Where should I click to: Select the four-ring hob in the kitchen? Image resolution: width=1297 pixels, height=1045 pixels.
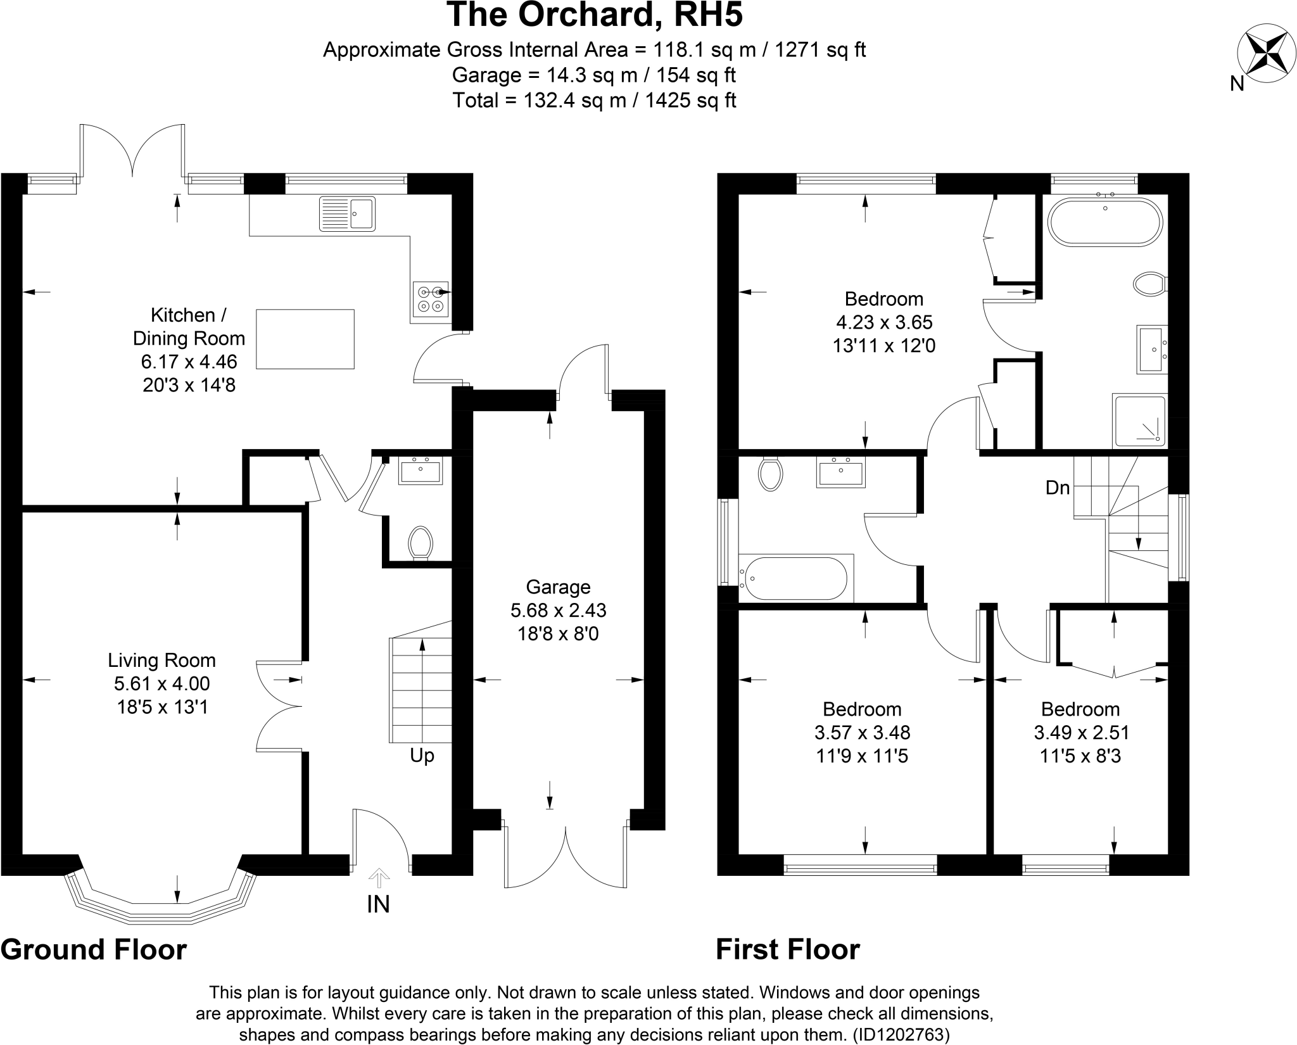pyautogui.click(x=431, y=299)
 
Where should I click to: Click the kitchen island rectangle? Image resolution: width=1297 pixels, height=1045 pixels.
pyautogui.click(x=305, y=339)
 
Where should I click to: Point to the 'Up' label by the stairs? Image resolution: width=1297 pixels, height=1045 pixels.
pyautogui.click(x=422, y=756)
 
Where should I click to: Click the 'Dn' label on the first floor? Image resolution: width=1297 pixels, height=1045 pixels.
pyautogui.click(x=1058, y=488)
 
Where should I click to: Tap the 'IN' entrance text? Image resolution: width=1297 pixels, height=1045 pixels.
pyautogui.click(x=378, y=904)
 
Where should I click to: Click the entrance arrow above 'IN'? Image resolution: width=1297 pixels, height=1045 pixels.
pyautogui.click(x=379, y=877)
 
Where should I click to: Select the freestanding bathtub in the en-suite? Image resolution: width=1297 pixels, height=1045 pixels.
pyautogui.click(x=1105, y=222)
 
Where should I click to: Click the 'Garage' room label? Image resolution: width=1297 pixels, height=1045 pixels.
pyautogui.click(x=558, y=587)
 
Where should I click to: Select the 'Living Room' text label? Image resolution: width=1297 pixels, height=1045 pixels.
pyautogui.click(x=161, y=661)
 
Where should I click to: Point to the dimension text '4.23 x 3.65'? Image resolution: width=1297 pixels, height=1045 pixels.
pyautogui.click(x=884, y=322)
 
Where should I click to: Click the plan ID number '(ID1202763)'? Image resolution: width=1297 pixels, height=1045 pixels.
pyautogui.click(x=901, y=1035)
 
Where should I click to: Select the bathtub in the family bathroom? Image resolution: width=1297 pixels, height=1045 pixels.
pyautogui.click(x=797, y=578)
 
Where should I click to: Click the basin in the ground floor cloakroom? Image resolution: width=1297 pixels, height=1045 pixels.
pyautogui.click(x=421, y=472)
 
